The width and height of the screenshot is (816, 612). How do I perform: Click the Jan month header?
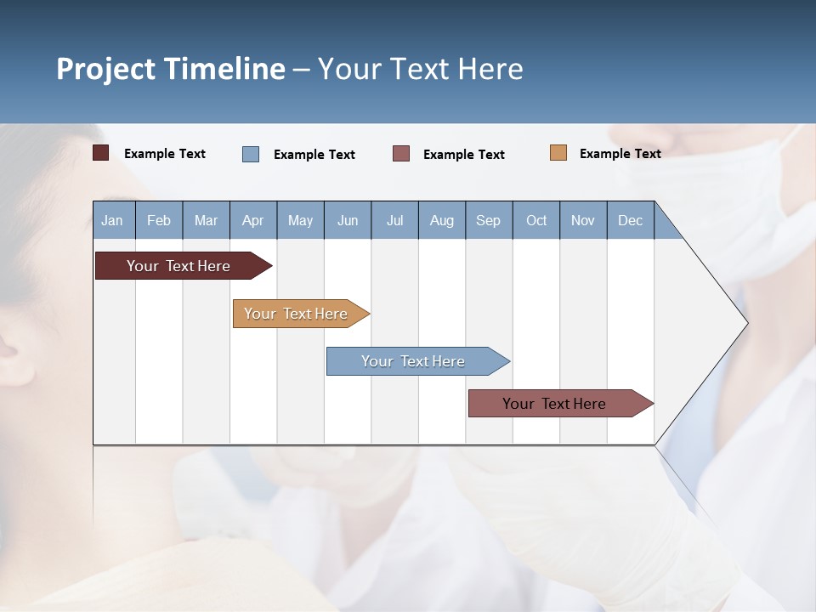112,221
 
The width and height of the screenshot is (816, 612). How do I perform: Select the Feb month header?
159,221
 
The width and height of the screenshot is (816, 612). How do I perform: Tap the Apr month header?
252,221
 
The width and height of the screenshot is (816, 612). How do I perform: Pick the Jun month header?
348,221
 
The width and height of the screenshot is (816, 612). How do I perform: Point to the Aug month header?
441,221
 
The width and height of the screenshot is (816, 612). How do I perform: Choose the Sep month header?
488,221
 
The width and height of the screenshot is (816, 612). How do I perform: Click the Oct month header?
536,221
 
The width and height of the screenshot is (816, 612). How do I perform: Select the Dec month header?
630,221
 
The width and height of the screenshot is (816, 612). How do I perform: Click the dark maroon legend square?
101,153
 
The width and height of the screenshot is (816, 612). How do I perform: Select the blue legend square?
251,154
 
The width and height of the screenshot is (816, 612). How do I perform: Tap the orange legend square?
558,153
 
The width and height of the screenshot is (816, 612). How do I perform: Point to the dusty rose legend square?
401,154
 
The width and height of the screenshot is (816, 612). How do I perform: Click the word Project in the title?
105,69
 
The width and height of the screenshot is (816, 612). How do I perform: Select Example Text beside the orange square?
620,154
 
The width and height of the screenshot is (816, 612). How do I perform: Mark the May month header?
300,221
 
